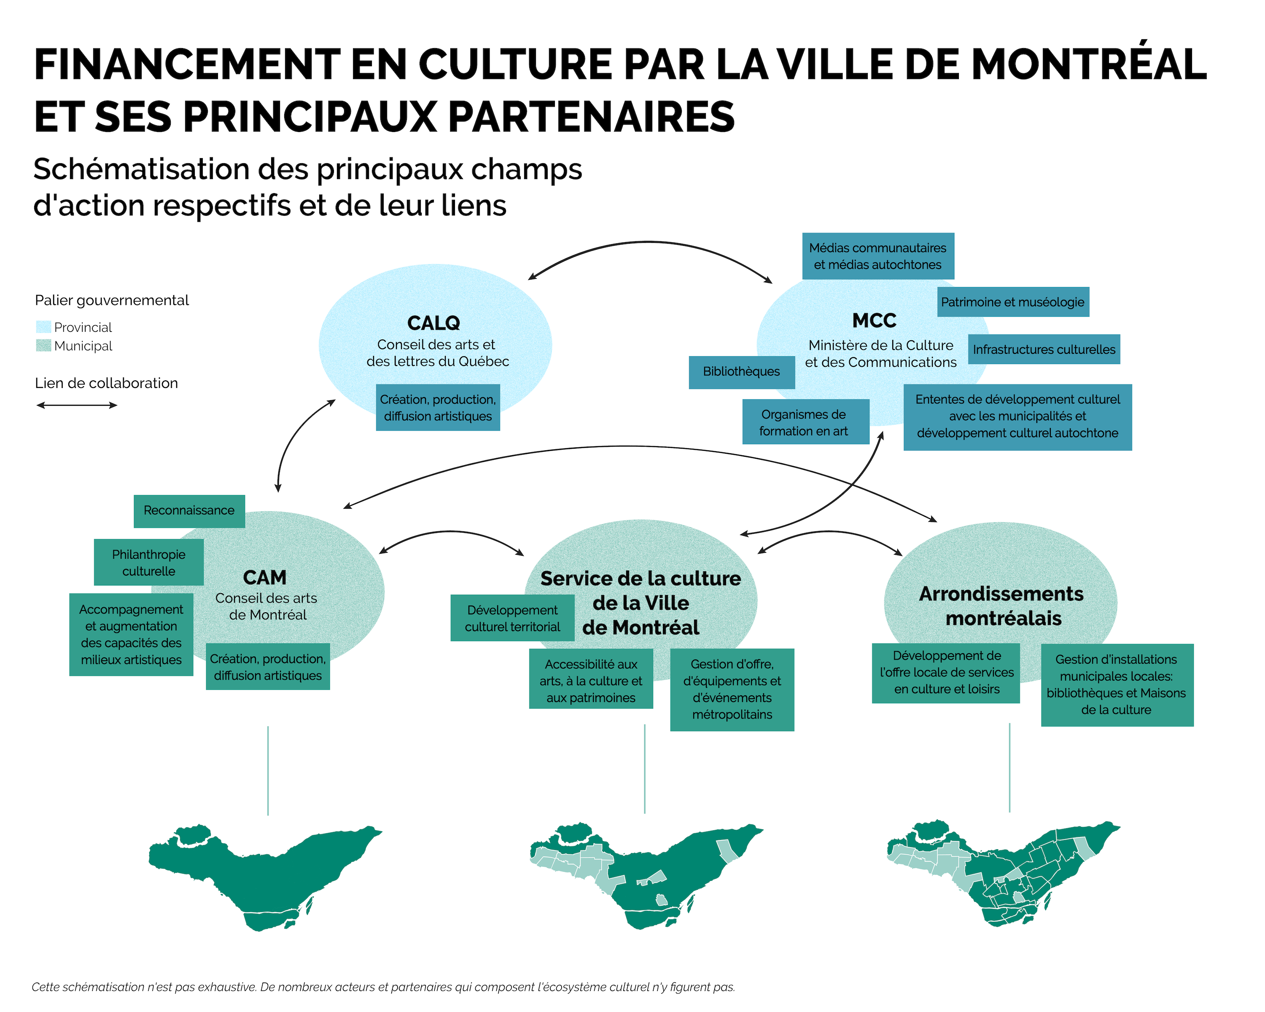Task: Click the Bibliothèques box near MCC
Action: click(x=742, y=372)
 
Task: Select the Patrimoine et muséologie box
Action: click(x=1013, y=302)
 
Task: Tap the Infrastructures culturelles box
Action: click(x=1044, y=350)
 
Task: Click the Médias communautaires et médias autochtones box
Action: click(x=878, y=256)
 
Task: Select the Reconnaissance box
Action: click(x=189, y=511)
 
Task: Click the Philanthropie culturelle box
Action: click(x=148, y=563)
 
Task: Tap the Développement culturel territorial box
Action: click(x=512, y=618)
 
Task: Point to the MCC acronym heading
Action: click(x=874, y=321)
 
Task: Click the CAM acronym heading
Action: click(x=265, y=578)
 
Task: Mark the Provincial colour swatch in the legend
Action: click(x=43, y=327)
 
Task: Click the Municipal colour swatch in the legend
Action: click(x=43, y=345)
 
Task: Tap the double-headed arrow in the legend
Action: click(x=77, y=405)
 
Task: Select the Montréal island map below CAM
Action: click(x=265, y=877)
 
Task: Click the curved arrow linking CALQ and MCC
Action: click(x=649, y=242)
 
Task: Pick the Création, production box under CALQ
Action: click(x=438, y=408)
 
